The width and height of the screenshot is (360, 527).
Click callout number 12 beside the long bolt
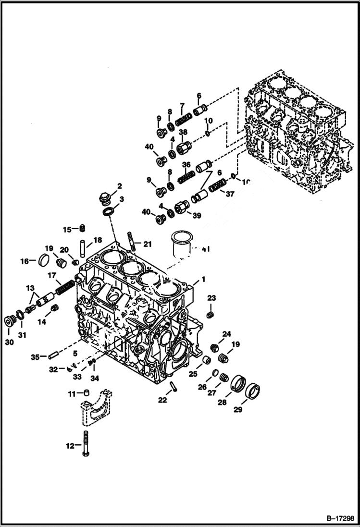70,446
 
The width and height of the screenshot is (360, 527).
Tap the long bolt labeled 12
87,444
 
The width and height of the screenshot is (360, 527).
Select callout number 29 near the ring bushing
238,409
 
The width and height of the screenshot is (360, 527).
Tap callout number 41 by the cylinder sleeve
206,249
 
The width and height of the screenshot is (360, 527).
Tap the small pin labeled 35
53,356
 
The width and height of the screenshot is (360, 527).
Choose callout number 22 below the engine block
163,400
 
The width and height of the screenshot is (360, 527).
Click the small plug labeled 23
210,314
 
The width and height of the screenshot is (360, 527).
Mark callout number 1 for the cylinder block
203,279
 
